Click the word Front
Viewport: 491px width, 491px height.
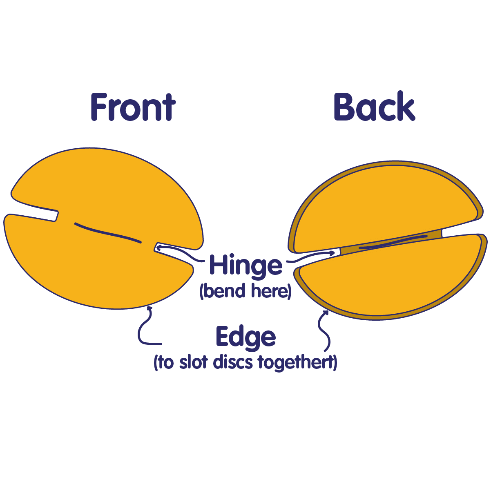[133, 107]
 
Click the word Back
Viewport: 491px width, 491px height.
[375, 105]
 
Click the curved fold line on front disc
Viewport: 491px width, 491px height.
[107, 233]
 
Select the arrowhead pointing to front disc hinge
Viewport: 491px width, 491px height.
[159, 247]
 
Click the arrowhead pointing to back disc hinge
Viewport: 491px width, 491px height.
[332, 253]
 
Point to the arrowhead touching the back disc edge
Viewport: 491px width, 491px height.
[326, 312]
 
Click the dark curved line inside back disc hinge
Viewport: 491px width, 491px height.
[393, 242]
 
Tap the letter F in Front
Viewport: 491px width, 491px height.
[98, 107]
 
